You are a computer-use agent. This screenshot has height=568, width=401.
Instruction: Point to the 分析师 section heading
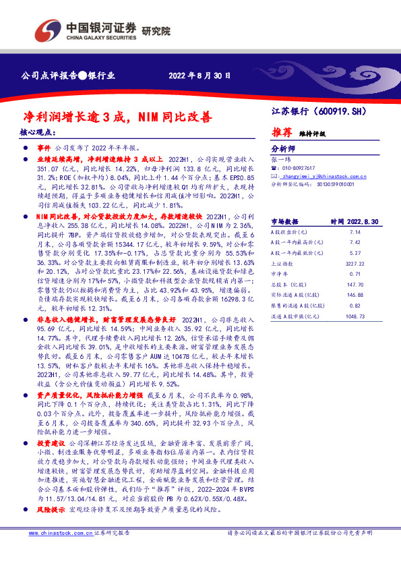point(283,149)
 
